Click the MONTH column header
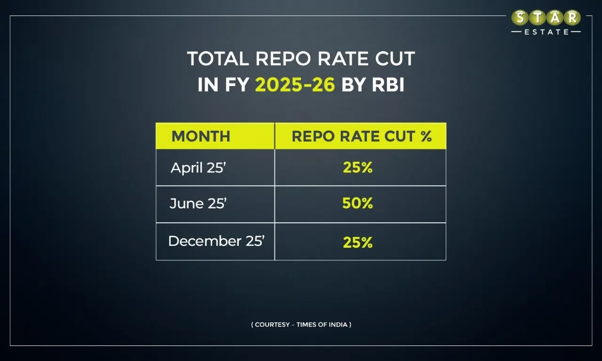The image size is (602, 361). (x=201, y=136)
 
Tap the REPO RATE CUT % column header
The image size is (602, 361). (x=361, y=136)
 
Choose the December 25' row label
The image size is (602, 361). (x=216, y=241)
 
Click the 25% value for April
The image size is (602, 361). (x=357, y=168)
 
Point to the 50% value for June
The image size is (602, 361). (x=357, y=204)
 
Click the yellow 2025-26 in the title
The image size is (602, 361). (x=295, y=85)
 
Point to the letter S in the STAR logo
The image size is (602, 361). (x=520, y=18)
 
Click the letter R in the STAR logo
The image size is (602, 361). (x=572, y=18)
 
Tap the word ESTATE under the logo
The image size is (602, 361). (x=546, y=32)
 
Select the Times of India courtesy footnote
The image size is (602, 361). (x=301, y=324)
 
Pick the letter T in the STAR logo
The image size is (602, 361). (x=538, y=18)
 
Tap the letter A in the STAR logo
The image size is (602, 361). (x=555, y=18)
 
